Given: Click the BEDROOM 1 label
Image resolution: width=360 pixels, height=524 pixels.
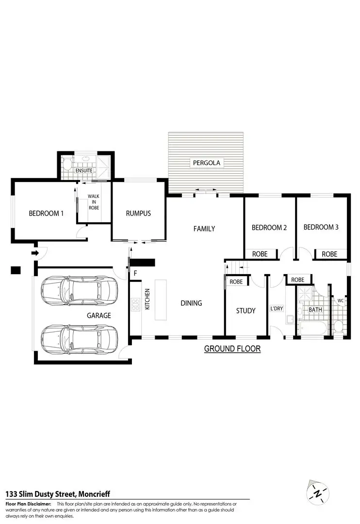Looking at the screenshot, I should pyautogui.click(x=46, y=213).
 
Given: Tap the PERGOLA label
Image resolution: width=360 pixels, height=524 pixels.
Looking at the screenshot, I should pyautogui.click(x=207, y=163).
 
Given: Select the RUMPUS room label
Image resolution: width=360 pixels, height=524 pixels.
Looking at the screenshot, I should pyautogui.click(x=138, y=213).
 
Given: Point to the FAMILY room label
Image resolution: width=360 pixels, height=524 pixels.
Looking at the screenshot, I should pyautogui.click(x=204, y=229).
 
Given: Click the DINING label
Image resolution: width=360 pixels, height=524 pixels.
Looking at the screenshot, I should pyautogui.click(x=191, y=303).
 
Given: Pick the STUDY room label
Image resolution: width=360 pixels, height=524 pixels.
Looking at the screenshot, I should pyautogui.click(x=245, y=311).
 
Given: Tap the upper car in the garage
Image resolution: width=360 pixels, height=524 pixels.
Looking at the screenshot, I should pyautogui.click(x=79, y=290).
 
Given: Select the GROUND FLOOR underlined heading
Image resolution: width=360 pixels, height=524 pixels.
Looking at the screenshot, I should pyautogui.click(x=232, y=348).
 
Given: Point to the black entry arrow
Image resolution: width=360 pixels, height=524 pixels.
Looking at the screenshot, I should pyautogui.click(x=35, y=253).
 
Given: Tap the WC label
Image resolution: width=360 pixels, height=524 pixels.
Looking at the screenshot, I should pyautogui.click(x=340, y=301).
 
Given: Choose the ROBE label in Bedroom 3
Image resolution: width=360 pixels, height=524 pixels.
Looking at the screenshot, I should pyautogui.click(x=329, y=254).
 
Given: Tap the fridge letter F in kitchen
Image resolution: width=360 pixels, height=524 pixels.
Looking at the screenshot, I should pyautogui.click(x=135, y=273).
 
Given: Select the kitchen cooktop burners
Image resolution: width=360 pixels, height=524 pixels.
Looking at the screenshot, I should pyautogui.click(x=134, y=305).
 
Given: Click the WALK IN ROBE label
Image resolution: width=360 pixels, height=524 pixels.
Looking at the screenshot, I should pyautogui.click(x=93, y=202).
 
